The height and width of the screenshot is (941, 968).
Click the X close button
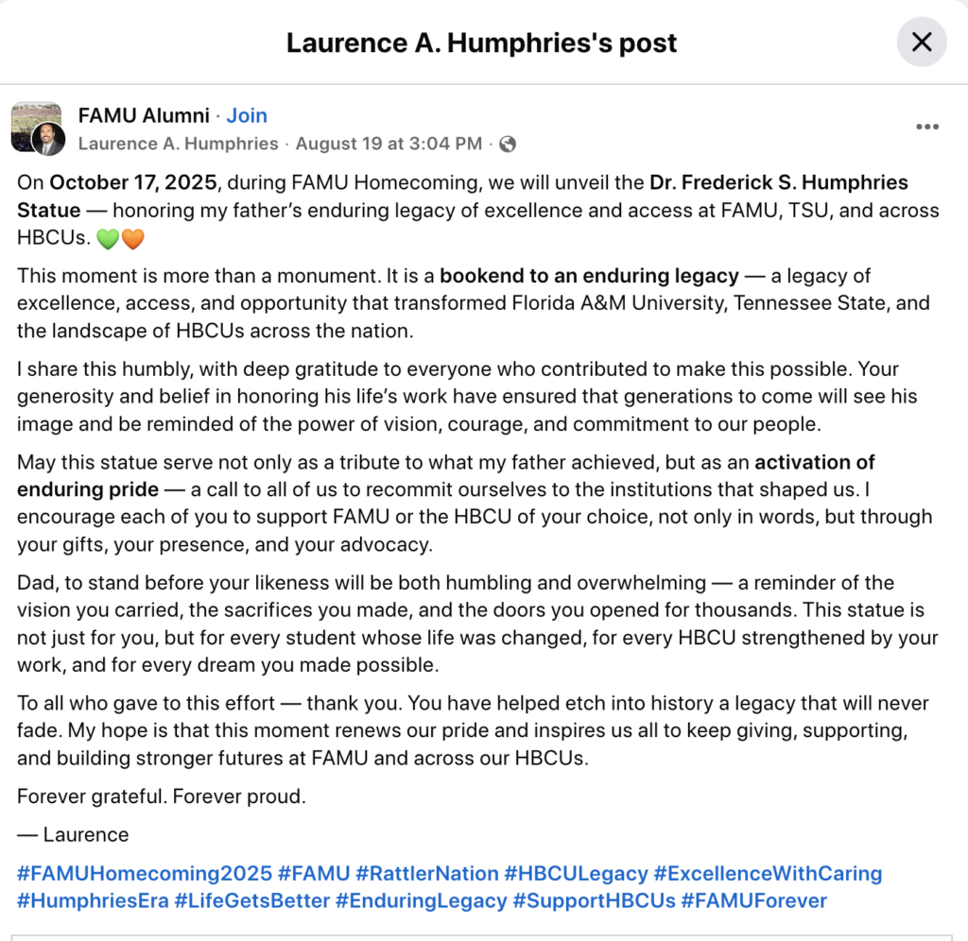click(921, 42)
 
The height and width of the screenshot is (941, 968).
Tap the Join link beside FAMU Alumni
click(247, 115)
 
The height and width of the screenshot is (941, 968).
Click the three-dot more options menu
click(927, 127)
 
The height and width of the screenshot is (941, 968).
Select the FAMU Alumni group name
click(144, 115)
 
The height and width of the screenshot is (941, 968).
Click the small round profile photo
click(48, 140)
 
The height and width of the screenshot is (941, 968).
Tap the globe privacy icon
click(508, 145)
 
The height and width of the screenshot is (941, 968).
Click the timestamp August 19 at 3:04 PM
click(389, 145)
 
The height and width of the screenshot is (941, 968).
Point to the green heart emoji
click(108, 240)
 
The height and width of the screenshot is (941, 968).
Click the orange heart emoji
click(132, 240)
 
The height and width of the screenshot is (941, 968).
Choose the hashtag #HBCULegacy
click(576, 873)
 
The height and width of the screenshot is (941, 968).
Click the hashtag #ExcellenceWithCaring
click(768, 873)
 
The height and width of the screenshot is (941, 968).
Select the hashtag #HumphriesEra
click(93, 901)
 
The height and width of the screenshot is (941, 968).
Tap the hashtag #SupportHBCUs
click(594, 901)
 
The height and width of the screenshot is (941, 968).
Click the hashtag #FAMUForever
click(753, 901)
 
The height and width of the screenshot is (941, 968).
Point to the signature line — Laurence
click(73, 834)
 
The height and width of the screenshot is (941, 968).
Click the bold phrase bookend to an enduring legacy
click(589, 276)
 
